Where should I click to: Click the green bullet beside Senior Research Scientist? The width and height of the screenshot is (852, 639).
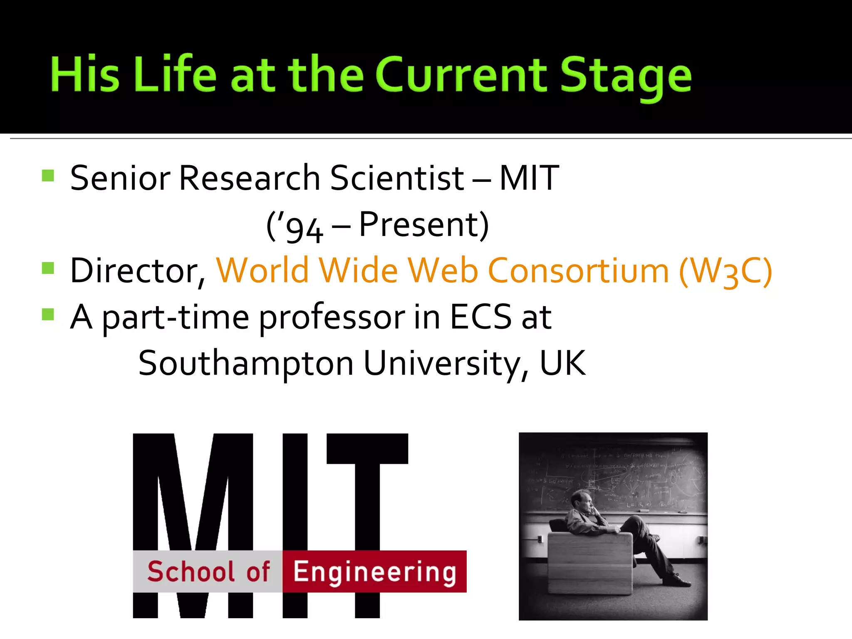coord(48,176)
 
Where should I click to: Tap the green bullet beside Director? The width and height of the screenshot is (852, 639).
coord(48,268)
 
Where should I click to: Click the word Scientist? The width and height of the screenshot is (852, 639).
coord(397,178)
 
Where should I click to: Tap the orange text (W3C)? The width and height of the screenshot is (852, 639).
coord(726,271)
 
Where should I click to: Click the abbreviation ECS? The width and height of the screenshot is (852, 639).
coord(480,317)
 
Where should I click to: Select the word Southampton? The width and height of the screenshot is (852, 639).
coord(246,363)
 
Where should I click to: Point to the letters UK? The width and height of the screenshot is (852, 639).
coord(562,363)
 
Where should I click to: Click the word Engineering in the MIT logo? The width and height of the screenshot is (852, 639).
coord(374,572)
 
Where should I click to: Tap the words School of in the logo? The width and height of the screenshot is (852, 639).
coord(208,572)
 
